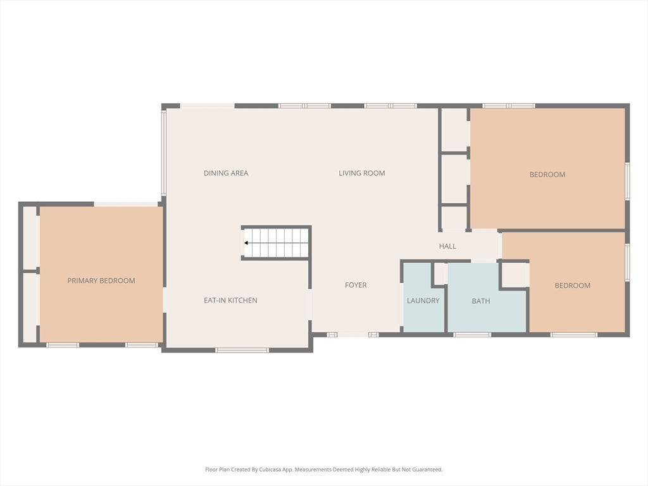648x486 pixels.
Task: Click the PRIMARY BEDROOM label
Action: (x=101, y=280)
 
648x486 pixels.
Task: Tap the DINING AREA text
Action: (x=226, y=173)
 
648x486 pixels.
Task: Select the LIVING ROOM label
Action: (x=362, y=173)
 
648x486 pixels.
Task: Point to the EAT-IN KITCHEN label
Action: (x=230, y=301)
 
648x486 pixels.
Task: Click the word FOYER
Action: (x=356, y=285)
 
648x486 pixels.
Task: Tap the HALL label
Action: (x=447, y=246)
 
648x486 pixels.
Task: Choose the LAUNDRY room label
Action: (x=423, y=301)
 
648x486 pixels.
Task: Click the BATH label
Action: (x=481, y=301)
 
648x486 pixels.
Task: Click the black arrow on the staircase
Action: (x=246, y=243)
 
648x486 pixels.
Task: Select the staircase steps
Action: (x=276, y=243)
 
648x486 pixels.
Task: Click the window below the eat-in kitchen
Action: (x=242, y=351)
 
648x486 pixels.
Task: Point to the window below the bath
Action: (x=472, y=335)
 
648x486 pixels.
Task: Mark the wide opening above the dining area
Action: (x=208, y=106)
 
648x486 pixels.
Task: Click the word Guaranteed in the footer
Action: (x=429, y=470)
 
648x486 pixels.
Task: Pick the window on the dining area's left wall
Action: (x=164, y=153)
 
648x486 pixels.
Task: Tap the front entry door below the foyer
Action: (x=353, y=334)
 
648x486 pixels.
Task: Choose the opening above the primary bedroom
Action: (x=126, y=204)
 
